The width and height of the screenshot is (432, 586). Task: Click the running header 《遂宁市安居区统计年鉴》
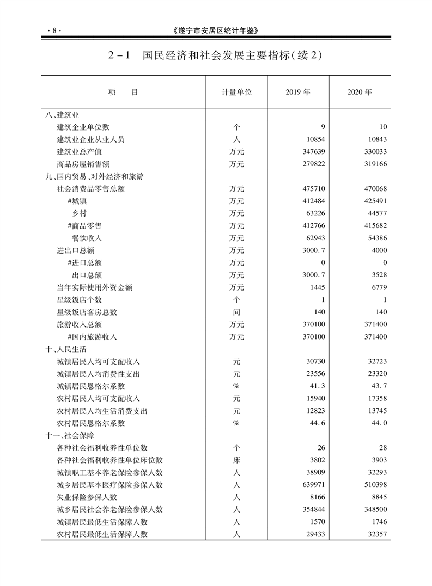tap(216, 31)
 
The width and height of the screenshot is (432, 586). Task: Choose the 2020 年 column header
tap(360, 92)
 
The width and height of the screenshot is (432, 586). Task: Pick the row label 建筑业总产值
tap(80, 152)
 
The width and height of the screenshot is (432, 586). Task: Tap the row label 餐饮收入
tap(87, 238)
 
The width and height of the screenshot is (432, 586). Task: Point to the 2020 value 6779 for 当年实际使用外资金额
tap(378, 287)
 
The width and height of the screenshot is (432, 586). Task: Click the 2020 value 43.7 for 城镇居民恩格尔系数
tap(378, 386)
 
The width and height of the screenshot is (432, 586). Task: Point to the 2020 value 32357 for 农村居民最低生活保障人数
tap(376, 534)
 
